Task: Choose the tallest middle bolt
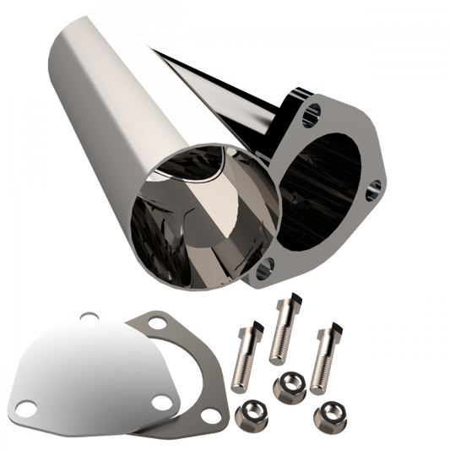(x=282, y=333)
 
